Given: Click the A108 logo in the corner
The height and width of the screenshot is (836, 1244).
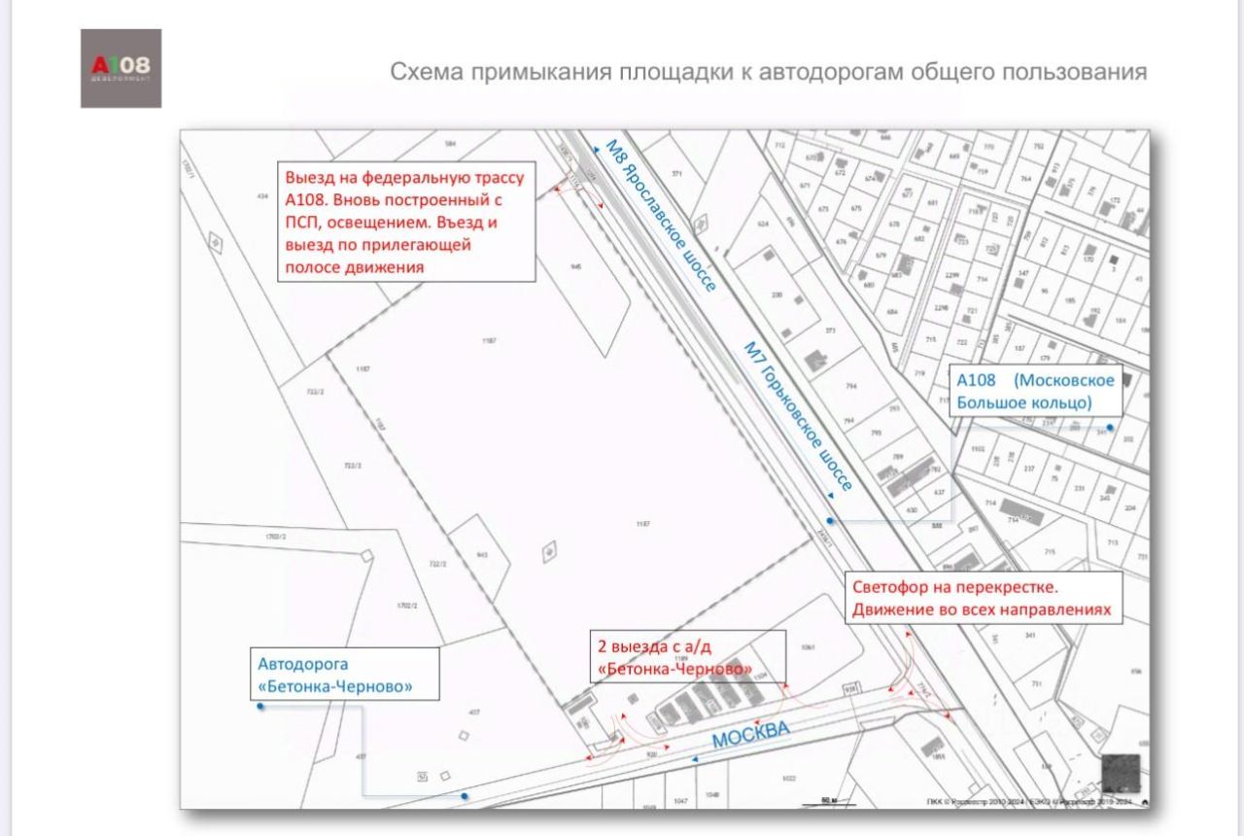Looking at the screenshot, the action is click(121, 68).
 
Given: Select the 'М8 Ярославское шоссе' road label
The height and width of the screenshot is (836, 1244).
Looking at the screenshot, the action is click(660, 217).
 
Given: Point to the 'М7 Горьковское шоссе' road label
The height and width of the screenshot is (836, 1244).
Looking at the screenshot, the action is click(798, 416).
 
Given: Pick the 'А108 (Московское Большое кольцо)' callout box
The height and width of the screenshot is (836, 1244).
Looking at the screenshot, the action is click(1035, 391).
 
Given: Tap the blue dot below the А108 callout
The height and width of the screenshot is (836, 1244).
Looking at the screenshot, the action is click(1110, 427).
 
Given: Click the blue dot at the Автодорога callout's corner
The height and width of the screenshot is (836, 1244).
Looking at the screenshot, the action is click(260, 707).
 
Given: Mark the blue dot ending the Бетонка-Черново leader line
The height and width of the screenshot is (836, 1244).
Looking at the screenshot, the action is click(465, 796).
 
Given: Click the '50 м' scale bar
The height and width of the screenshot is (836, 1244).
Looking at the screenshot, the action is click(829, 801).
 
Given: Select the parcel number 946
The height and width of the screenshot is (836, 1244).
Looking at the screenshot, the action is click(575, 266).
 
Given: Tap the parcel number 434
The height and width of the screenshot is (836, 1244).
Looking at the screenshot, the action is click(262, 196).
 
